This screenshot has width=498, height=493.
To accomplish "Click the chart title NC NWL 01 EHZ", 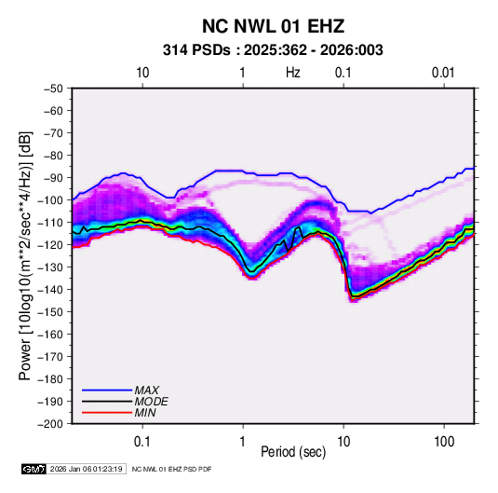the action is (x=273, y=26).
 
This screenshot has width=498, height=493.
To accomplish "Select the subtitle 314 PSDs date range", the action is (x=273, y=50).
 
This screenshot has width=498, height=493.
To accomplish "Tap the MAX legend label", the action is (x=147, y=390).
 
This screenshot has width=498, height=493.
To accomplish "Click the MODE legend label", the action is (x=151, y=402).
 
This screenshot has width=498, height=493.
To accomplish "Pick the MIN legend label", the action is (x=145, y=413).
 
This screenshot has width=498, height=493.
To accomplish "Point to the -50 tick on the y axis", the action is (x=53, y=89).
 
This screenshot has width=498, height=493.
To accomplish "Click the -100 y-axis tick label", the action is (x=50, y=200).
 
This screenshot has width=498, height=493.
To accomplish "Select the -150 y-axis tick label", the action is (x=50, y=312).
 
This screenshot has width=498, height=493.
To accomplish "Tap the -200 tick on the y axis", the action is (x=50, y=424).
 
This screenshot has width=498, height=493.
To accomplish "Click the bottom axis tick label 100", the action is (x=444, y=442).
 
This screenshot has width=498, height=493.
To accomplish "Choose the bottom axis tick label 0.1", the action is (x=142, y=442).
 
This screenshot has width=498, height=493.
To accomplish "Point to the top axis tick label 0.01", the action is (x=443, y=73).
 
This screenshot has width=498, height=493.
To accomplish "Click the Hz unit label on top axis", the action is (x=293, y=73).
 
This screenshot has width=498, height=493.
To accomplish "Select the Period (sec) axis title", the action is (x=293, y=452).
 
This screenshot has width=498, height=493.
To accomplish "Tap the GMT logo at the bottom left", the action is (x=34, y=469).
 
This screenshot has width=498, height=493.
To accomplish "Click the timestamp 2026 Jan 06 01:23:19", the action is (x=86, y=469).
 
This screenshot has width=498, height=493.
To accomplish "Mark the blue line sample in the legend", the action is (x=107, y=390).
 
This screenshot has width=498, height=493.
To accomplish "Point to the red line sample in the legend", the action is (x=107, y=413).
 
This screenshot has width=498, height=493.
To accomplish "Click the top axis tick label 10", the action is (x=142, y=73).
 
